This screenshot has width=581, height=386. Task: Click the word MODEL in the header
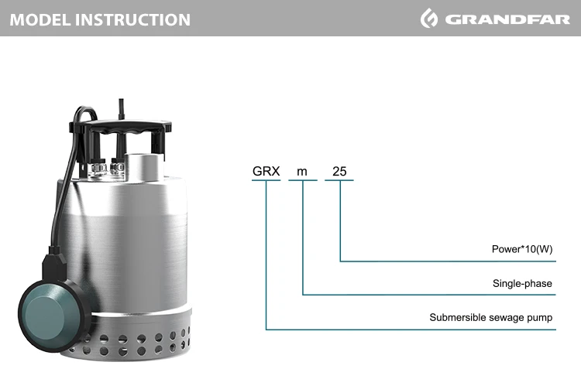[40, 19]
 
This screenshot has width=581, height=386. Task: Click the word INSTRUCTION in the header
[132, 19]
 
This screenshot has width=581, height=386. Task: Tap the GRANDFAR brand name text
[507, 19]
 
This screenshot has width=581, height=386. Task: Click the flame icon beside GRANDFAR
[429, 18]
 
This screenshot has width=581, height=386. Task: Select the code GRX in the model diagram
[266, 172]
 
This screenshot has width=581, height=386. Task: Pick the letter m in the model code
[302, 172]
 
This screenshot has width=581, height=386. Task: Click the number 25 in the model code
[339, 172]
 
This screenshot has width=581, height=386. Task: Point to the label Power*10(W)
[521, 249]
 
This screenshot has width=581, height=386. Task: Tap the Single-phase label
[522, 283]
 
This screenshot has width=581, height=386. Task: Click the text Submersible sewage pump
[490, 317]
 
